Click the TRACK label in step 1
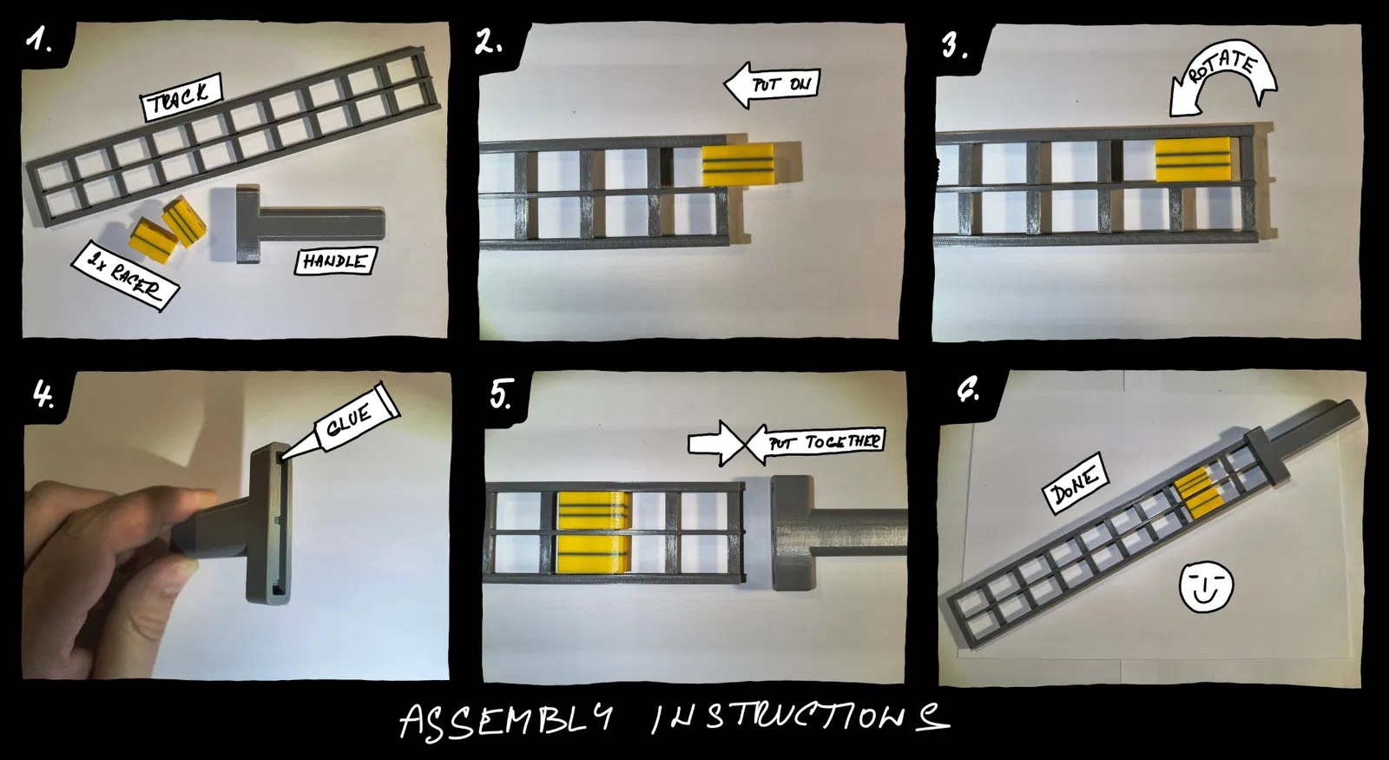[181, 97]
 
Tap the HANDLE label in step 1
[335, 261]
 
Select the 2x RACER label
[125, 275]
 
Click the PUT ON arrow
[772, 85]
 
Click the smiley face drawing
[1206, 585]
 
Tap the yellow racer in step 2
[739, 164]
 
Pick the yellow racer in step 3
[1193, 159]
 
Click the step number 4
[43, 395]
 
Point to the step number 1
[38, 41]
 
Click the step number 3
[954, 46]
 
